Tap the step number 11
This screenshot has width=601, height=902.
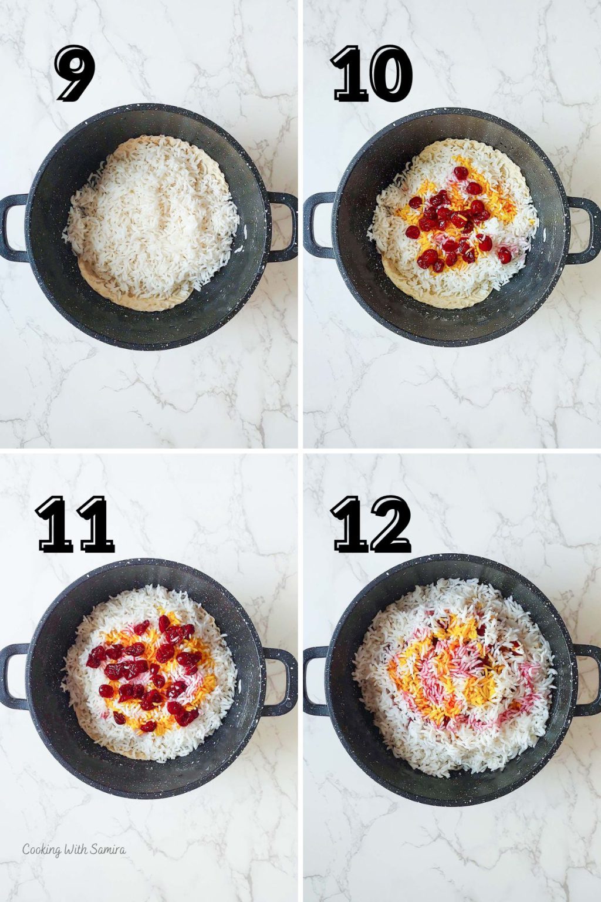pos(75,524)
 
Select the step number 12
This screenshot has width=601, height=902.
pos(372,524)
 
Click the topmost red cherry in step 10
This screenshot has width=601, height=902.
pos(461,173)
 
